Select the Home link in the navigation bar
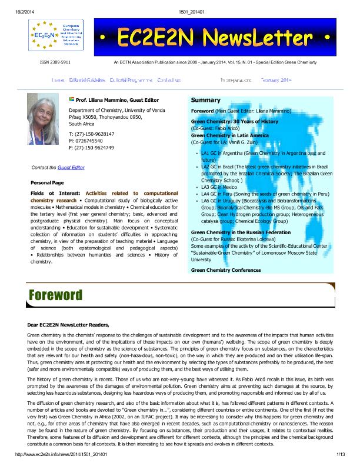click(58, 79)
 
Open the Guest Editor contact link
click(71, 168)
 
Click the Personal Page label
click(46, 183)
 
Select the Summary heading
click(205, 100)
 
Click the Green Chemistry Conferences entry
click(226, 270)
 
